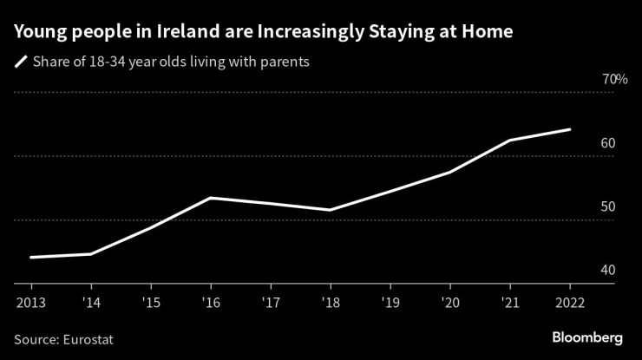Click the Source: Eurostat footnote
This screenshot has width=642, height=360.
(x=63, y=339)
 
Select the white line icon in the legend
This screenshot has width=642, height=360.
(x=20, y=62)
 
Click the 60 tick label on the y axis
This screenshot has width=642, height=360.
(x=607, y=143)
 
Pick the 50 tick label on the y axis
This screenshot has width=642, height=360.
(x=607, y=207)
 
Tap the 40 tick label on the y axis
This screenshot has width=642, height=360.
(x=607, y=271)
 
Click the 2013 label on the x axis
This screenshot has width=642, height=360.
(x=30, y=303)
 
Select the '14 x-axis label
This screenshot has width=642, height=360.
(x=90, y=303)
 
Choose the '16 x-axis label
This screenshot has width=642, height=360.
(x=210, y=303)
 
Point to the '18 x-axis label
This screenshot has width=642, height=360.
(x=330, y=303)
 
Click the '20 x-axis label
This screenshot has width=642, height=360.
(x=449, y=303)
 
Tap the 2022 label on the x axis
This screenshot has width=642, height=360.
(x=569, y=303)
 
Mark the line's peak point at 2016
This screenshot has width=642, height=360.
(x=210, y=198)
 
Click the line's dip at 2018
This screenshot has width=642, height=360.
(x=330, y=210)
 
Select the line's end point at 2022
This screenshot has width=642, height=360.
(x=569, y=129)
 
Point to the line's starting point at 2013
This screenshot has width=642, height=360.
(x=30, y=258)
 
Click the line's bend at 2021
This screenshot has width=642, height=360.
(x=509, y=140)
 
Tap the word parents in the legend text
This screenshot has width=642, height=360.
(x=285, y=62)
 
